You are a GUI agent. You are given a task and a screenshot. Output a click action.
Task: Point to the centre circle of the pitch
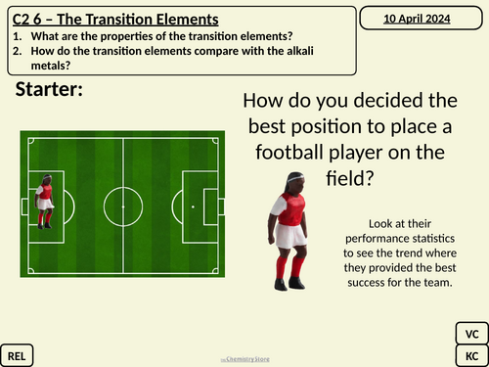coord(121,207)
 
